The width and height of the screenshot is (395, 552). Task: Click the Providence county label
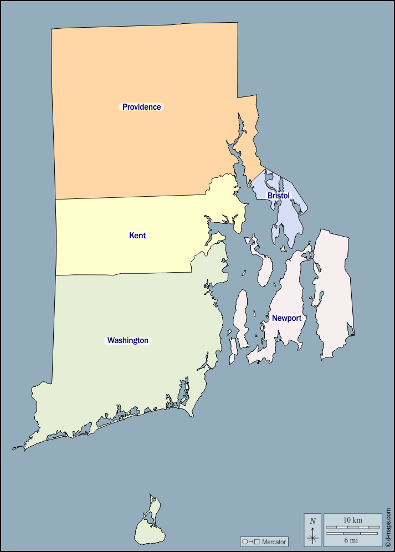[x=141, y=107]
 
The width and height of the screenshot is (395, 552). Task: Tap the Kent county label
[x=137, y=236]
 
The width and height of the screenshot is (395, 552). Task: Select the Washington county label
[x=127, y=340]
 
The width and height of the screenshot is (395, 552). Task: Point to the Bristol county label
[x=278, y=196]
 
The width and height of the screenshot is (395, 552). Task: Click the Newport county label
[x=286, y=318]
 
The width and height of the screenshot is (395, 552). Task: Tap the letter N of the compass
[x=313, y=521]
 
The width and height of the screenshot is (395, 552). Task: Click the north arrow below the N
[x=313, y=535]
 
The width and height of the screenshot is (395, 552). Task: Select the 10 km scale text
[x=352, y=520]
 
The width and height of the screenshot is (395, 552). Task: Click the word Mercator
[x=274, y=541]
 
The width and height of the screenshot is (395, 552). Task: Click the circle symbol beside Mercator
[x=244, y=541]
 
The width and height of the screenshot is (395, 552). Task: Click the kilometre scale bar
[x=352, y=527]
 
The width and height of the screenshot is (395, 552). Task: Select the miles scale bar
[x=352, y=533]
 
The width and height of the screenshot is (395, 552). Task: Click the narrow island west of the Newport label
[x=241, y=316]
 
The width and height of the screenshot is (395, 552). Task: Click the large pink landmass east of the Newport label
[x=334, y=294]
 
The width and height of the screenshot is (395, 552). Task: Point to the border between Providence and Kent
[x=130, y=197]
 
